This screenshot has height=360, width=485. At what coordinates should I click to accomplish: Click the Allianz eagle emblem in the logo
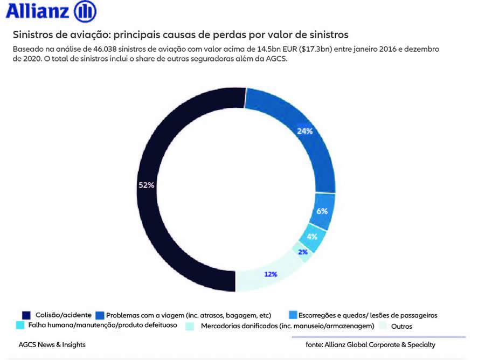[x=85, y=11]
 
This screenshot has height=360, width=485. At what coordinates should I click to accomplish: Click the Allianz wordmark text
[x=37, y=11]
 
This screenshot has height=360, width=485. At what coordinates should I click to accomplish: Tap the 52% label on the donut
[x=147, y=185]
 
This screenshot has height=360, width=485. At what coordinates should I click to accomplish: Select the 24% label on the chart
[x=304, y=131]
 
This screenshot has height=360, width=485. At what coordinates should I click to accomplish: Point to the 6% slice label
[x=322, y=211]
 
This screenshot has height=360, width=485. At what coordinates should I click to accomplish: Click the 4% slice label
[x=312, y=237]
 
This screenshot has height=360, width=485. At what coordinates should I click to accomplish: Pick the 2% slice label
[x=303, y=252]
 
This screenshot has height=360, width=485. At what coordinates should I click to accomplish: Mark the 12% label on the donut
[x=271, y=274]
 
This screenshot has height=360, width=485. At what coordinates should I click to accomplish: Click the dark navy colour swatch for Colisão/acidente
[x=26, y=315]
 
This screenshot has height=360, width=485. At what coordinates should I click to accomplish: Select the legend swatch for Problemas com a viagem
[x=99, y=315]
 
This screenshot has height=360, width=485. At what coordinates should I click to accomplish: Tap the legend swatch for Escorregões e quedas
[x=294, y=315]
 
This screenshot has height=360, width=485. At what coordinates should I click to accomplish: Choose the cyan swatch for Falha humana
[x=20, y=326]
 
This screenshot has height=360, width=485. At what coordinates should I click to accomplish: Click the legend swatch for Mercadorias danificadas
[x=190, y=326]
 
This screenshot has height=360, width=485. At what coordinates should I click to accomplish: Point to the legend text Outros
[x=401, y=326]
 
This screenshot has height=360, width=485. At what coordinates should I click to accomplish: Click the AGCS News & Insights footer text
[x=52, y=344]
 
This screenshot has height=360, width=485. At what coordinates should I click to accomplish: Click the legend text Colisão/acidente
[x=63, y=315]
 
